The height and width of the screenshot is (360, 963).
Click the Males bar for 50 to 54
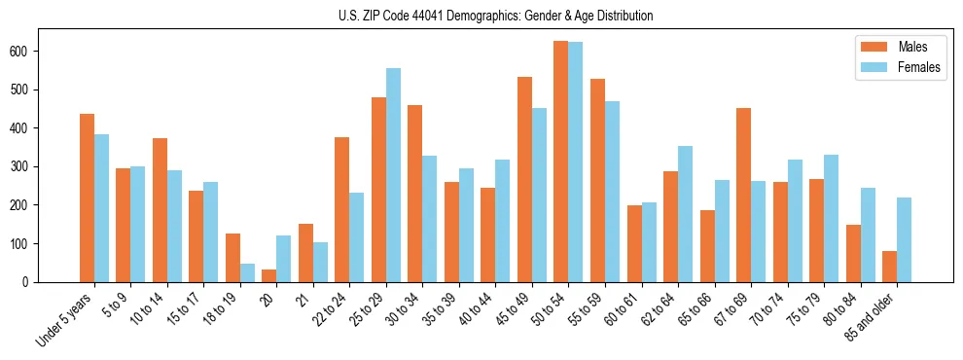[x=561, y=162]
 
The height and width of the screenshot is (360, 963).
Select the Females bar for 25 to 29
[x=393, y=175]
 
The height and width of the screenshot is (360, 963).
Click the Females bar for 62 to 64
[x=685, y=214]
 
